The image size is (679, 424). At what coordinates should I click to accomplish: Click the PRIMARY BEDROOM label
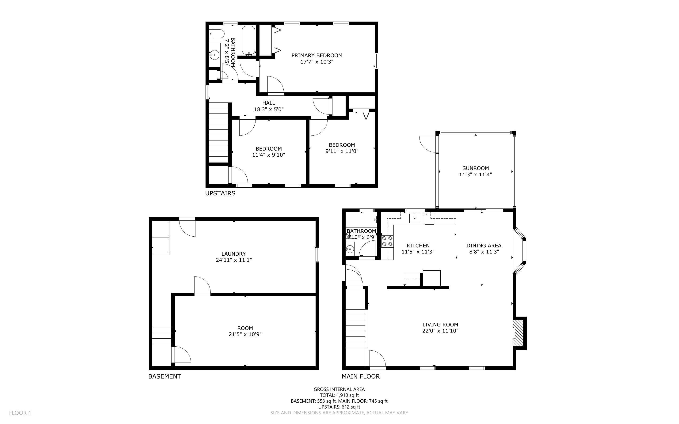click(x=317, y=56)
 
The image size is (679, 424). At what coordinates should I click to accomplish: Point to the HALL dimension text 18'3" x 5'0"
click(x=269, y=109)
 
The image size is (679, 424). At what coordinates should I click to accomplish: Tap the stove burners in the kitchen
click(x=387, y=241)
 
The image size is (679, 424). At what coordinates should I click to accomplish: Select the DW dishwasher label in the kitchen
click(x=425, y=215)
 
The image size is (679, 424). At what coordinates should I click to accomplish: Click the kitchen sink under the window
click(x=415, y=218)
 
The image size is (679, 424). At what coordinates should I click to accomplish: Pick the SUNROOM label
click(x=475, y=168)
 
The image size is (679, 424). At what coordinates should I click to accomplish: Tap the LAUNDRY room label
click(x=234, y=254)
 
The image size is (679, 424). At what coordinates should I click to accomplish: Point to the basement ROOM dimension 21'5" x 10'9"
click(x=245, y=334)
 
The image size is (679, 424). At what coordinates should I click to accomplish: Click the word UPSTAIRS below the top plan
click(x=220, y=193)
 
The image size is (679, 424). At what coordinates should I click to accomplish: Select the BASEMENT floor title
click(x=165, y=376)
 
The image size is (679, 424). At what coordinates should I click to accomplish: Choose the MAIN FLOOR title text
click(x=361, y=376)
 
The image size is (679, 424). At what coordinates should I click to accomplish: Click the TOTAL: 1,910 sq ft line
click(x=339, y=395)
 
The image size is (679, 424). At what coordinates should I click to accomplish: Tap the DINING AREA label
click(x=484, y=246)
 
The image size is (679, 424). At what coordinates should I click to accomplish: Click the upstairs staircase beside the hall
click(x=218, y=132)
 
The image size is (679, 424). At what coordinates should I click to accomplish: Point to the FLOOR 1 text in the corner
click(x=20, y=413)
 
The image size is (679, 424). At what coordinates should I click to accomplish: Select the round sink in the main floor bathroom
click(x=349, y=249)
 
